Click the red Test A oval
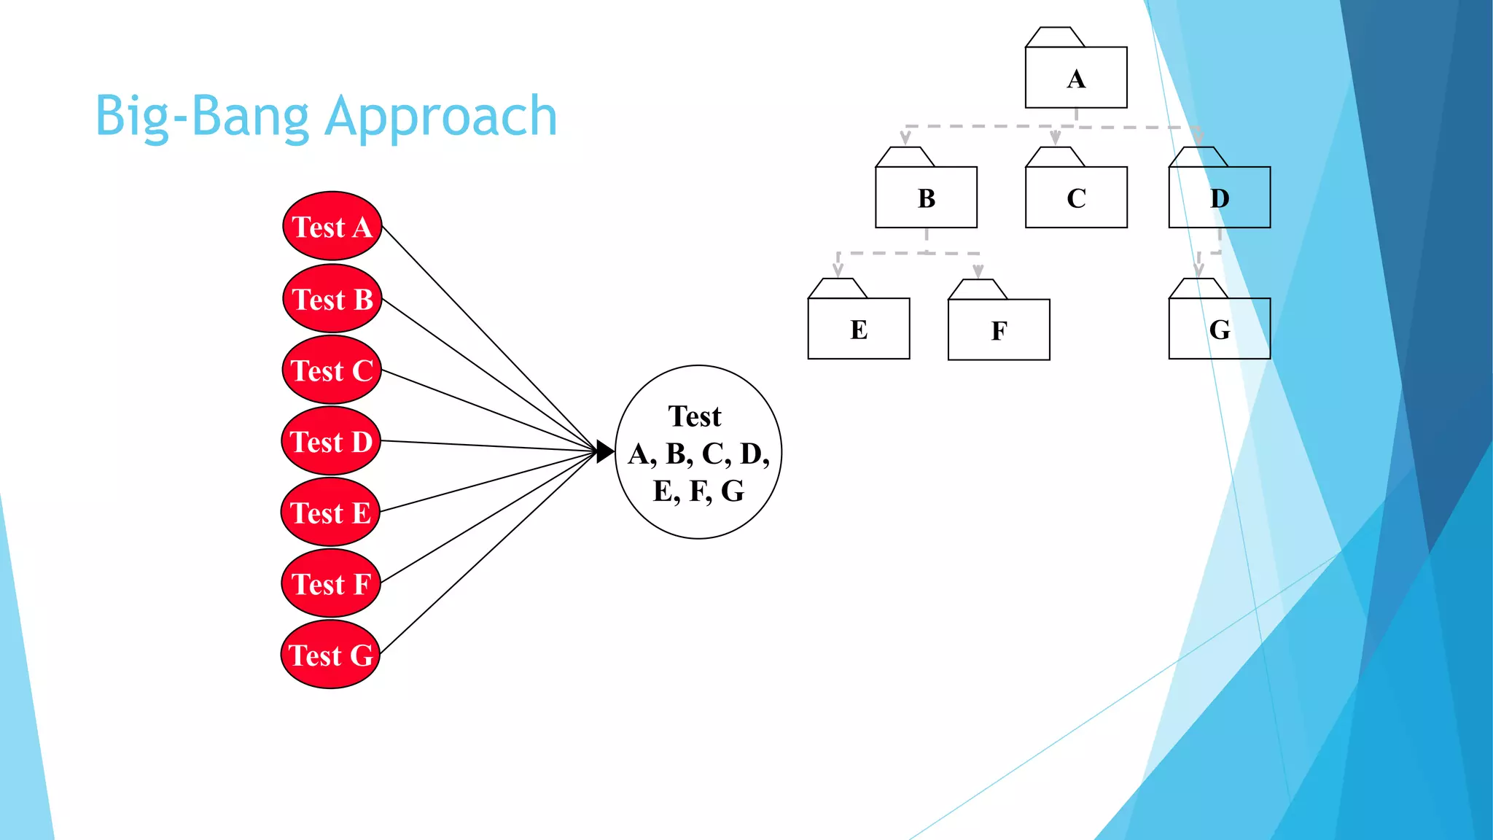coord(332,227)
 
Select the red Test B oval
coord(332,299)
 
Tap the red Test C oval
coord(332,370)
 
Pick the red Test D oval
coord(331,441)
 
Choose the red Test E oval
coord(330,513)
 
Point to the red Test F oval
coord(331,584)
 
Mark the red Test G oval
coord(330,655)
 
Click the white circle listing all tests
coord(698,453)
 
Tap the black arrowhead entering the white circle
coord(605,452)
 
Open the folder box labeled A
coord(1076,78)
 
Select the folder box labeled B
coord(926,198)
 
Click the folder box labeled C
coord(1076,198)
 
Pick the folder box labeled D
coord(1219,198)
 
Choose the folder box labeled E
coord(859,329)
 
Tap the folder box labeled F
coord(999,330)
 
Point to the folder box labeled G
coord(1219,329)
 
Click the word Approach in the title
coord(441,117)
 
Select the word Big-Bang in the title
coord(202,117)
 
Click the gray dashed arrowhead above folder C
coord(1055,138)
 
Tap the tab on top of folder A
coord(1054,37)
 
